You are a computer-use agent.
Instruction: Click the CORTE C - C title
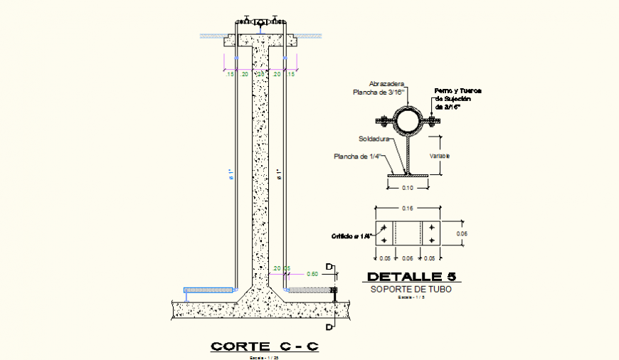pyautogui.click(x=265, y=346)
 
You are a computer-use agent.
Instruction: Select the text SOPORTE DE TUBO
pyautogui.click(x=411, y=289)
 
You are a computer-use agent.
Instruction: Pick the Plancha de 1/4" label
pyautogui.click(x=360, y=157)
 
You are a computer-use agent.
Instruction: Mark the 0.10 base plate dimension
pyautogui.click(x=407, y=188)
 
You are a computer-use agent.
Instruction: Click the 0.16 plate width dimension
pyautogui.click(x=407, y=208)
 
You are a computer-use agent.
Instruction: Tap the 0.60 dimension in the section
pyautogui.click(x=312, y=273)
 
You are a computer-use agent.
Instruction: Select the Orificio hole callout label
pyautogui.click(x=351, y=236)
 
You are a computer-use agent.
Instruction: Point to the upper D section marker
pyautogui.click(x=329, y=267)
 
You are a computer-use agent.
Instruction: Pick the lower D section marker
pyautogui.click(x=329, y=327)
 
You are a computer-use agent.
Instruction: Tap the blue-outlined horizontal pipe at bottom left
pyautogui.click(x=209, y=290)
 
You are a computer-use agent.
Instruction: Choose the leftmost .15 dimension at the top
pyautogui.click(x=230, y=74)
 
